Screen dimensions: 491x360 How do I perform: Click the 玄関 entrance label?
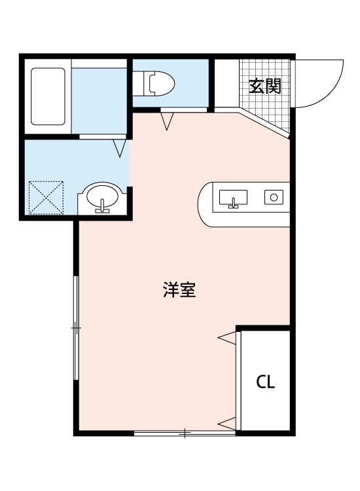coord(264,86)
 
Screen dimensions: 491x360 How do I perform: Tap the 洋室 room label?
coord(179,290)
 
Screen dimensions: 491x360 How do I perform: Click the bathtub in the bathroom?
coord(48,96)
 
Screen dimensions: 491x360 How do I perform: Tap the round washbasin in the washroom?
coord(102,197)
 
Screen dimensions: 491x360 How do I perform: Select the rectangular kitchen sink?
coord(233,197)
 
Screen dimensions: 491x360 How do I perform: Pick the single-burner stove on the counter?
coord(274,196)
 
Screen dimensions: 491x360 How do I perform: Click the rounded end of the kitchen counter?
coord(206,204)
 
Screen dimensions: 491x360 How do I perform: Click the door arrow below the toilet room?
coord(168,120)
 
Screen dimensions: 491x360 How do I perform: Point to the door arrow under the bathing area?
coord(119,149)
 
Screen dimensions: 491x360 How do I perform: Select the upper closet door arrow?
coord(226,337)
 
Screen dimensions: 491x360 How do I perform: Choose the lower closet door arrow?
coord(226,422)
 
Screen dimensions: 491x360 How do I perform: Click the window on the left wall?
coord(77,327)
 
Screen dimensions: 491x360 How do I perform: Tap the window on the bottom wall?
coord(185,433)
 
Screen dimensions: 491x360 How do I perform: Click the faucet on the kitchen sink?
coord(233,203)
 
